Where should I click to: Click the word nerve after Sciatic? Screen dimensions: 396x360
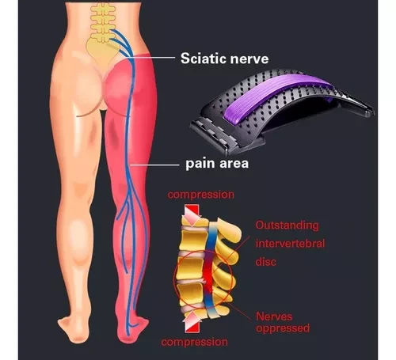pos(249,59)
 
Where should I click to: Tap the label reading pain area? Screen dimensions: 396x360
pos(217,164)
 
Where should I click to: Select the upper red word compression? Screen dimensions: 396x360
pos(201,195)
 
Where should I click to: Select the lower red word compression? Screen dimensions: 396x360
pos(195,342)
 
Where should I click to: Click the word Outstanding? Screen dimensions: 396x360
pos(287,225)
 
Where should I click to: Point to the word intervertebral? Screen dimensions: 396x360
pos(290,243)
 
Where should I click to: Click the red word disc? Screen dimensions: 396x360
pos(266,262)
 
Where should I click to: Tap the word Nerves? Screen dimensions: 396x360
pos(274,316)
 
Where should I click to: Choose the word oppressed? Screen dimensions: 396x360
pos(283,328)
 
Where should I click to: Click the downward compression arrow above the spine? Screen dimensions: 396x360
pos(192,214)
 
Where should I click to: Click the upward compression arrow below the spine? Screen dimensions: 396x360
pos(192,321)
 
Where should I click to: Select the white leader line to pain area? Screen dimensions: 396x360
pos(154,165)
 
